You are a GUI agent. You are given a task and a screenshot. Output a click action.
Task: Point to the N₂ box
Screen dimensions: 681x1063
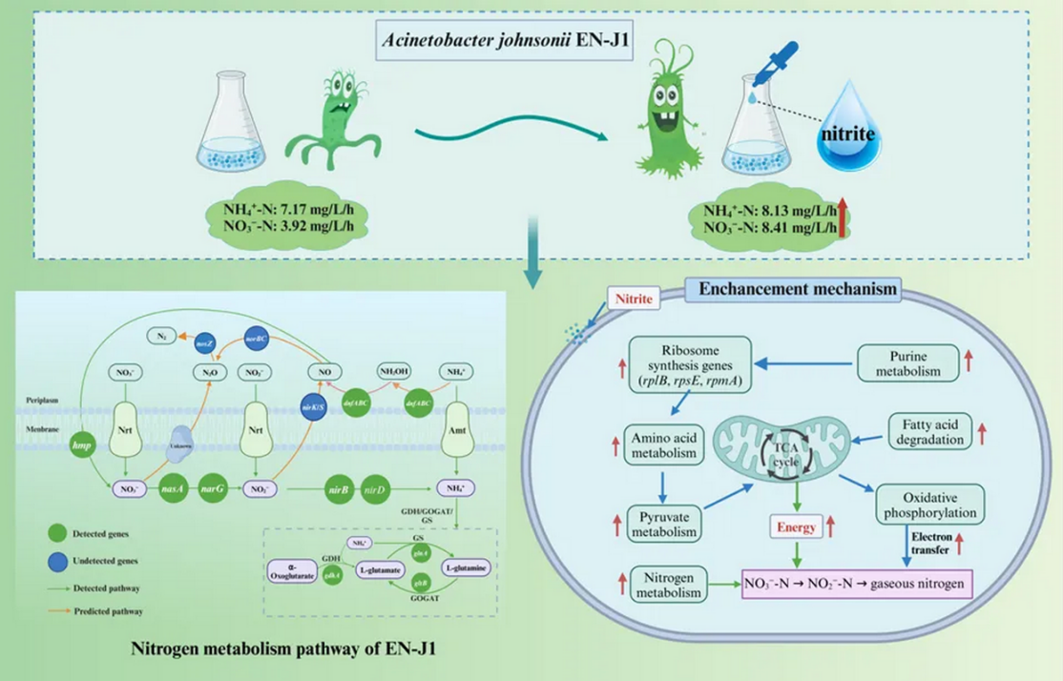[161, 337]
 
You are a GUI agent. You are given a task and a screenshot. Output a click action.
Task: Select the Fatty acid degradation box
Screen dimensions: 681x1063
[927, 430]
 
